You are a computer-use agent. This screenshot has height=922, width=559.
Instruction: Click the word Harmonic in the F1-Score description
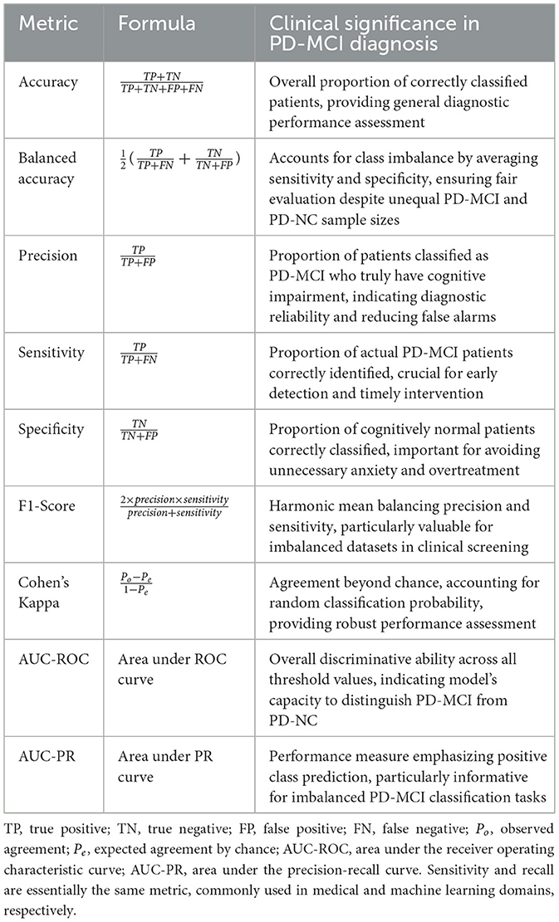[301, 506]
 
